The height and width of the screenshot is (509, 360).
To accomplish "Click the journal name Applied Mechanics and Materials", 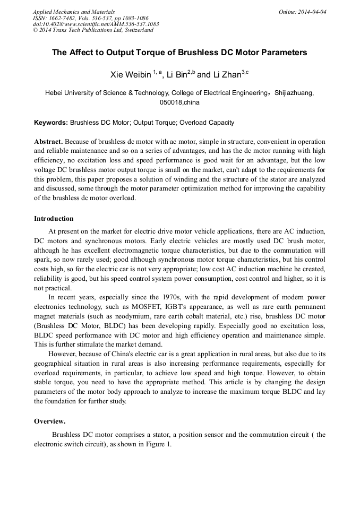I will (74, 12).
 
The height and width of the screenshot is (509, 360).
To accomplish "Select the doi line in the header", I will (96, 24).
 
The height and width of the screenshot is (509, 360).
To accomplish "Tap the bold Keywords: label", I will (51, 123).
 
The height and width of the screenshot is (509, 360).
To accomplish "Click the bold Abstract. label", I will (48, 142).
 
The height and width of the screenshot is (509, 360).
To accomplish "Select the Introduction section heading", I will (54, 218).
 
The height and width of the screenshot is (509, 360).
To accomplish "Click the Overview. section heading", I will (50, 421).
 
